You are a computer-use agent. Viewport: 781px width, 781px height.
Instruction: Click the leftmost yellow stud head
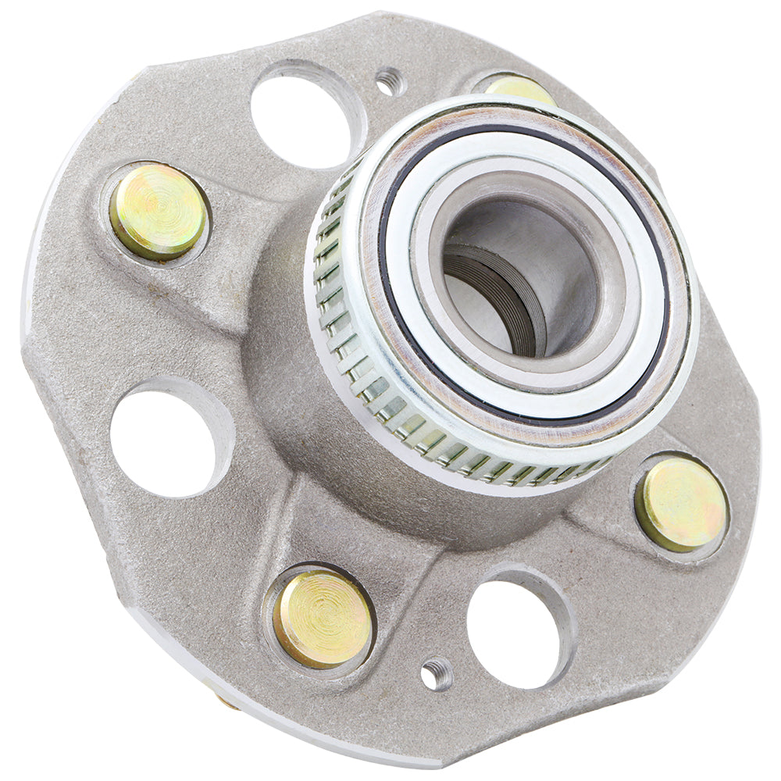coord(159,211)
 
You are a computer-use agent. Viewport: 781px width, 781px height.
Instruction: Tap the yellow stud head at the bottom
coord(323,618)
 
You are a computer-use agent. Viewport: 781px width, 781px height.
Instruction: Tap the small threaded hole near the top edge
coord(388,80)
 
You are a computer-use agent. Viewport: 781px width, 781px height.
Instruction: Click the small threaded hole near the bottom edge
coord(435,673)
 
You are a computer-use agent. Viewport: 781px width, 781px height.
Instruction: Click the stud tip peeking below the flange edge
coord(226,702)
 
